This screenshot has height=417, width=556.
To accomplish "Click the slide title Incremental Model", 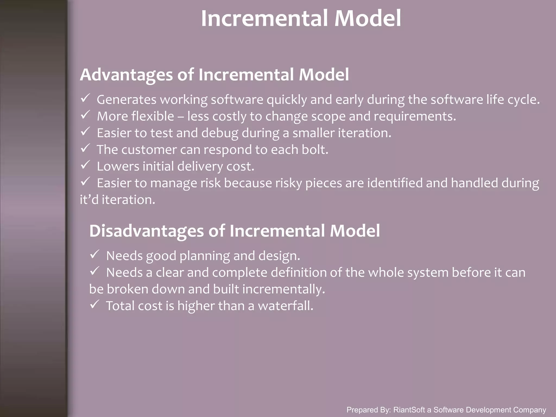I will [x=301, y=18].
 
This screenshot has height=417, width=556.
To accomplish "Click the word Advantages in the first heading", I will [x=126, y=75].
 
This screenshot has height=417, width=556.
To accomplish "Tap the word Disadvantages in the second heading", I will [x=146, y=231].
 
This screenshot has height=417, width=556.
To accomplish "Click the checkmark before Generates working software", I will [x=85, y=98].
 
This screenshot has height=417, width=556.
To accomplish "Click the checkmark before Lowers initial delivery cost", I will [x=85, y=165].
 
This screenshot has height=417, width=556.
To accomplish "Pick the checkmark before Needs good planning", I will [x=94, y=255].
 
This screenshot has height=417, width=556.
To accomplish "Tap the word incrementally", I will [x=283, y=289].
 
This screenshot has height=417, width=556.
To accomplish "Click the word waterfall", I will [x=285, y=306].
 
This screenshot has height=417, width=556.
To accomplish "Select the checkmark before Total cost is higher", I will [x=94, y=305].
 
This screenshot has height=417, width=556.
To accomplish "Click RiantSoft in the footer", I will [x=409, y=410].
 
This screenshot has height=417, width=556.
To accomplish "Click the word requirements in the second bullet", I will [x=415, y=116].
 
